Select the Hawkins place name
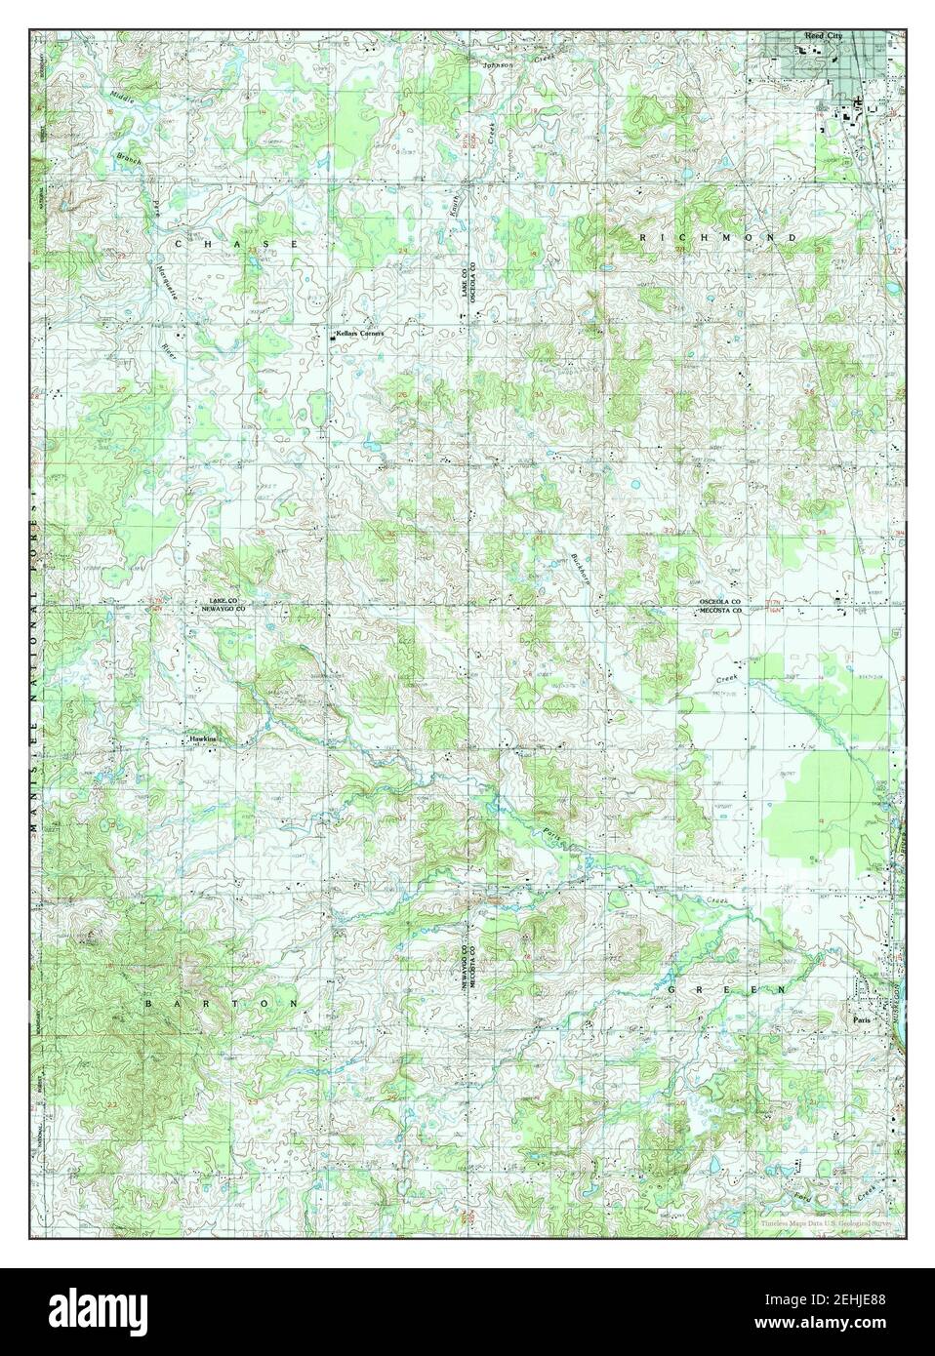point(202,739)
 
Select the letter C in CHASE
point(179,241)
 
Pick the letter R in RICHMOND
point(643,238)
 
